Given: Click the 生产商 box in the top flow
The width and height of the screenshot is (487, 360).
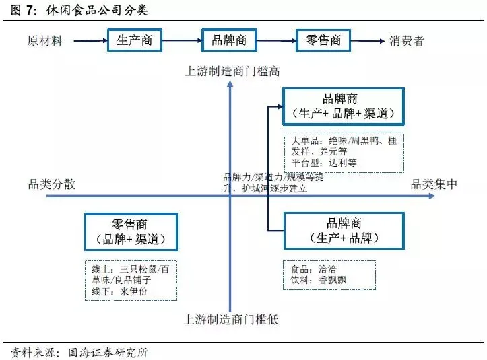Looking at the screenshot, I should (x=135, y=40).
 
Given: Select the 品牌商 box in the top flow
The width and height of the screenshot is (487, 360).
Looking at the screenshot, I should (x=229, y=40).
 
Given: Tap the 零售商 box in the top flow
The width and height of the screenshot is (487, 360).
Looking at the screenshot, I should (x=323, y=40).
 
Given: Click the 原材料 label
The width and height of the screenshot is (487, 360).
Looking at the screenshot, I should (x=45, y=41).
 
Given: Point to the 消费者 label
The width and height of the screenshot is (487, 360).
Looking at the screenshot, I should (x=407, y=41).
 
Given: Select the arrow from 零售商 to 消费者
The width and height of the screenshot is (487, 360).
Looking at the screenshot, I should (x=368, y=41).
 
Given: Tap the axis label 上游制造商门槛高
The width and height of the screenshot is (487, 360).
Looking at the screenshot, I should (x=232, y=71).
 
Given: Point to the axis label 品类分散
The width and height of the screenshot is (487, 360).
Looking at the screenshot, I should (x=52, y=184).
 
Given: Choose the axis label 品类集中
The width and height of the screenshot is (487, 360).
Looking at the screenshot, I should (x=434, y=184).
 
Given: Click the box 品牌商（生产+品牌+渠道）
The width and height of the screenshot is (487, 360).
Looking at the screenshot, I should (x=344, y=106).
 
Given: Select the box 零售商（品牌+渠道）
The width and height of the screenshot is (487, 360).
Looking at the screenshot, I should (x=131, y=232).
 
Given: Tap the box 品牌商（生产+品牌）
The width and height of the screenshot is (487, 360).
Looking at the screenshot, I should (x=344, y=231).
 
